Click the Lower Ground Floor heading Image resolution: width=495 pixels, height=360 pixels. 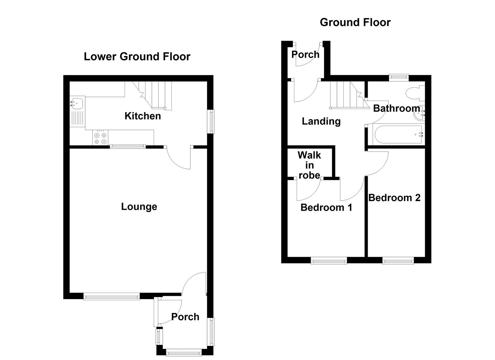[137, 57]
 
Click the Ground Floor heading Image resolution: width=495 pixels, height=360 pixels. [355, 22]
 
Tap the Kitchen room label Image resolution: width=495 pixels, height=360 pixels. [143, 116]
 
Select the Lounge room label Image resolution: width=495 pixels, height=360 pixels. [139, 207]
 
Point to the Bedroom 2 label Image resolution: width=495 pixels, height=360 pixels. [394, 198]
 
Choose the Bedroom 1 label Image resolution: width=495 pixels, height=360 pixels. [326, 207]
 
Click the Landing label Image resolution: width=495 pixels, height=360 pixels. [321, 121]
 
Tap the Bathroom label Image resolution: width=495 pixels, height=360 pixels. [396, 108]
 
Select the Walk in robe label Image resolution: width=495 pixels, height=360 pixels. [309, 165]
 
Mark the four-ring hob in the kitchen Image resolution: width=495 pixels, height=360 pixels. [100, 138]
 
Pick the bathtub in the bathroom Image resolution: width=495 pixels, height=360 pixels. [398, 135]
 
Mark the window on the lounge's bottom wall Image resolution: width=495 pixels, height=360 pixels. [111, 296]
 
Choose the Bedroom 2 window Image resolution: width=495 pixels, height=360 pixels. [398, 260]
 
